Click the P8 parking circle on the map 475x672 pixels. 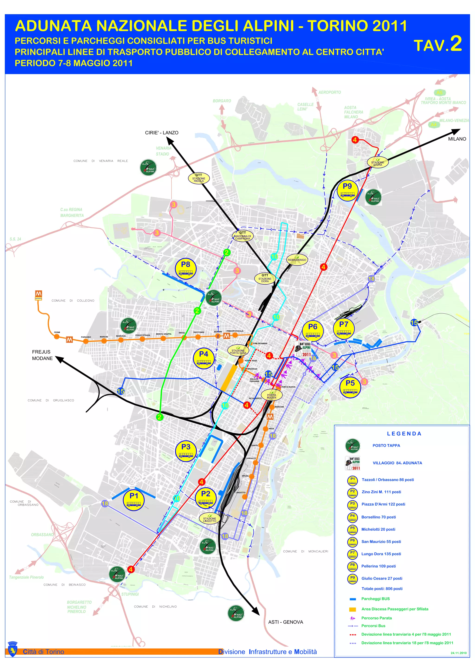(186, 268)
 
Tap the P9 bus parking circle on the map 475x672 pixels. (347, 190)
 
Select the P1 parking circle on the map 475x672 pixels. (134, 500)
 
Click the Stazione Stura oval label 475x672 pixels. (377, 163)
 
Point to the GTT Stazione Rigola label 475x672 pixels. (199, 178)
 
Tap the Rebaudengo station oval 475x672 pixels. (297, 260)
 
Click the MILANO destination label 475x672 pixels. (457, 139)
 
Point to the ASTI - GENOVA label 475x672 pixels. (285, 622)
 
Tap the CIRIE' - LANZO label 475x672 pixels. (162, 133)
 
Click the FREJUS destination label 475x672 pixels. (41, 352)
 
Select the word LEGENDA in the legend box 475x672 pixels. (404, 434)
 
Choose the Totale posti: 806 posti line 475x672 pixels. (382, 588)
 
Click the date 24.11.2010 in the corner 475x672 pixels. (458, 653)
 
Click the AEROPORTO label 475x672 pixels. (330, 92)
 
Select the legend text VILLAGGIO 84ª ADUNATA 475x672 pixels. (397, 463)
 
